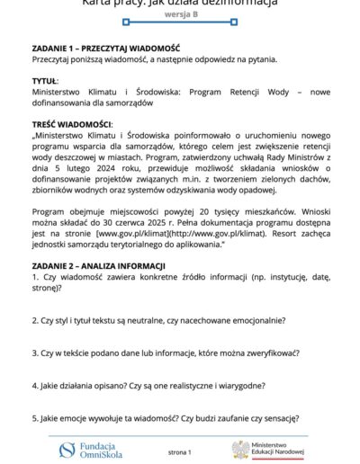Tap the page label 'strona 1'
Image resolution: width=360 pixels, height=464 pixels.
click(x=181, y=449)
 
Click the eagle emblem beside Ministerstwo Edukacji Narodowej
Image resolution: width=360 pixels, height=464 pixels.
click(x=240, y=449)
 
